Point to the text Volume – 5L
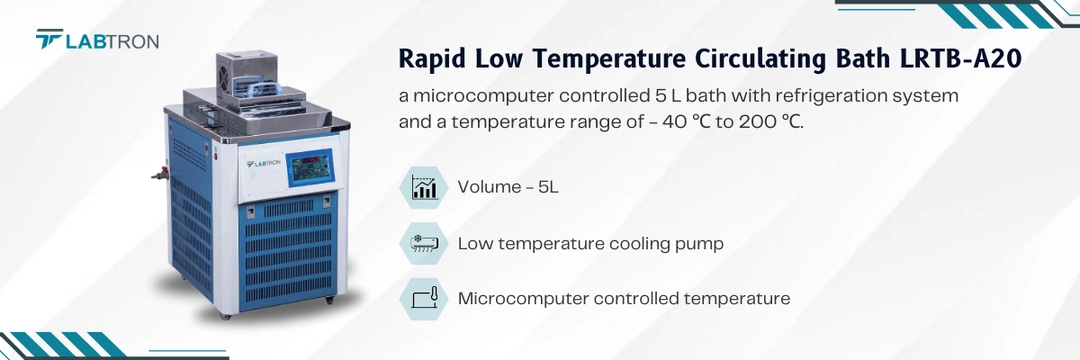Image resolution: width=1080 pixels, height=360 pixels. click(x=508, y=187)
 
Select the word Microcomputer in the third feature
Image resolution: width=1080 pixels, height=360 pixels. click(x=522, y=298)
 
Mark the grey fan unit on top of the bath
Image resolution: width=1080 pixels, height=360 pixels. click(x=244, y=68)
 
